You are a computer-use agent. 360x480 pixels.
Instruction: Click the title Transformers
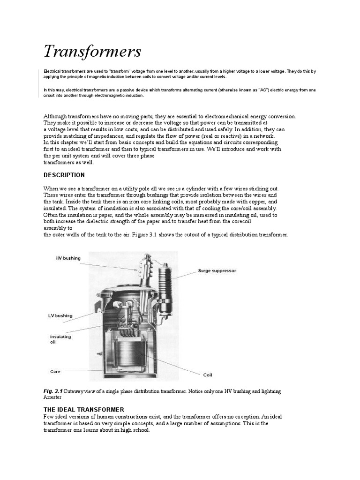(x=92, y=51)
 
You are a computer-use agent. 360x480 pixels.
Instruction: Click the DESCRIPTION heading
(x=64, y=175)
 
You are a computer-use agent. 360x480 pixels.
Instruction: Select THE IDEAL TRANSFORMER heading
(x=83, y=409)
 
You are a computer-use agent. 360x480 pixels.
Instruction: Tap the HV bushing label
(x=68, y=258)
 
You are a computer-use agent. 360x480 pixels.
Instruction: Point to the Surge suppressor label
(x=217, y=270)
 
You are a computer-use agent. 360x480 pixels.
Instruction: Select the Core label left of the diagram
(x=55, y=371)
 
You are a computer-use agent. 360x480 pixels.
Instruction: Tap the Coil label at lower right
(x=208, y=375)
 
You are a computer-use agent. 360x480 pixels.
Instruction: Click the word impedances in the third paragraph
(x=99, y=135)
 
